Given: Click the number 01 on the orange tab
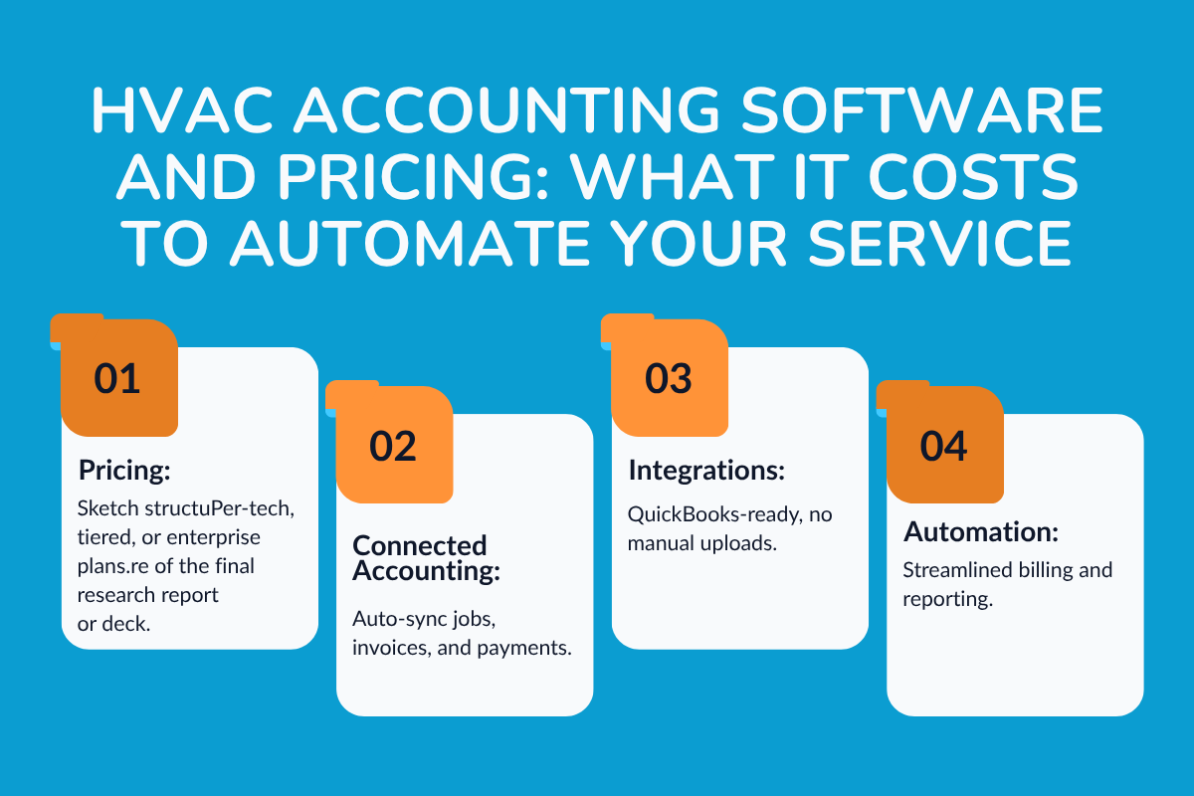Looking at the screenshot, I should [x=117, y=379].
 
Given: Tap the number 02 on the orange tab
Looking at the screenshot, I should [x=393, y=447].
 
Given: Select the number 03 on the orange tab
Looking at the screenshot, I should [x=668, y=379].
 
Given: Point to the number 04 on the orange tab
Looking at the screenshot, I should [x=943, y=447].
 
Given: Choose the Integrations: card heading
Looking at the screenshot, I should [x=695, y=469].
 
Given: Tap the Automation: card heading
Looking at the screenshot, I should [x=980, y=532].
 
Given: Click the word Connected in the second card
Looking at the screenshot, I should [x=420, y=545].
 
